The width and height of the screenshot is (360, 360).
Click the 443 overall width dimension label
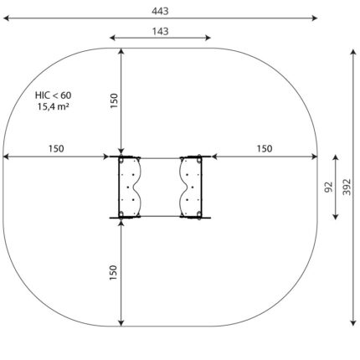click(x=160, y=11)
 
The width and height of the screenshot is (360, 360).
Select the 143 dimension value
click(x=160, y=31)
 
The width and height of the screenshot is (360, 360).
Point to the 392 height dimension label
click(x=347, y=187)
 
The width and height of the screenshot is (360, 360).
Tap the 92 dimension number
click(x=329, y=187)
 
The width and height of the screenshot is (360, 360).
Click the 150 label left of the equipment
click(x=56, y=149)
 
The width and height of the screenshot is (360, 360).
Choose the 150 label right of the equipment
click(x=265, y=149)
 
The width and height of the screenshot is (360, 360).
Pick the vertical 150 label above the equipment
click(x=114, y=100)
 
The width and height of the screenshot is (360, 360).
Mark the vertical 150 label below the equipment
click(x=113, y=273)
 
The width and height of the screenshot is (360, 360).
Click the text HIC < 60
click(x=53, y=95)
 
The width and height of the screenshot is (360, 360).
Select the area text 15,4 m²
click(x=54, y=106)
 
